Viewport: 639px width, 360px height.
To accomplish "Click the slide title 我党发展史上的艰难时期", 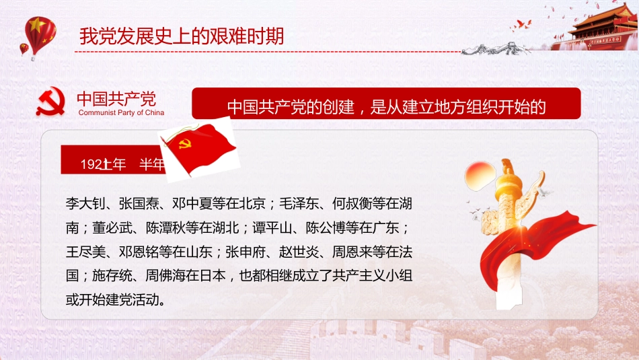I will [181, 36].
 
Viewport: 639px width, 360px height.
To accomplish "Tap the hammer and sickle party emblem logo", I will [51, 101].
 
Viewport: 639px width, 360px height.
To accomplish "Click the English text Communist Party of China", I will [121, 113].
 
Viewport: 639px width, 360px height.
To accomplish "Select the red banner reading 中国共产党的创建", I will [386, 106].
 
